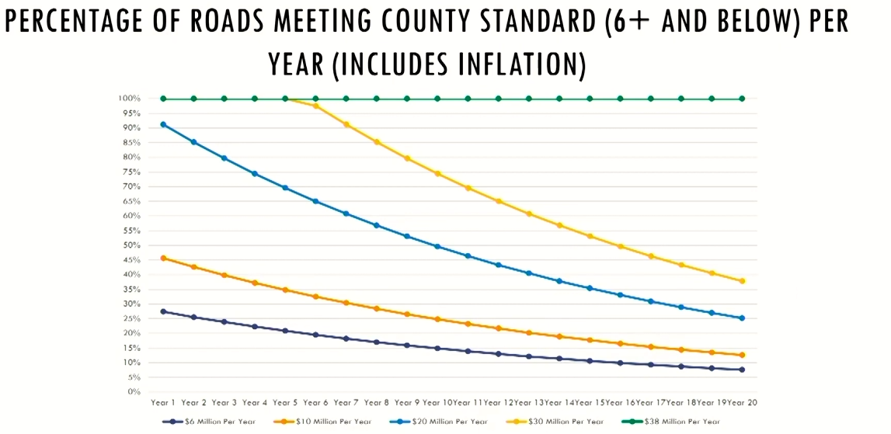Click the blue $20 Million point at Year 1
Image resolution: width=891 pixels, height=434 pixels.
[x=163, y=124]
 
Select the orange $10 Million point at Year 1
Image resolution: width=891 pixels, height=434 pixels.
[x=163, y=258]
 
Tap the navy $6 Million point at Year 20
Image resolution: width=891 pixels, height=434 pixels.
[x=742, y=370]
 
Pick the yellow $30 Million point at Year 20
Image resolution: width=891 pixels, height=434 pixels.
[x=742, y=281]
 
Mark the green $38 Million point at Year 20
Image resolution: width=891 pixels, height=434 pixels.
[x=742, y=99]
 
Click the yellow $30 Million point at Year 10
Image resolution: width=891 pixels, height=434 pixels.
[x=437, y=173]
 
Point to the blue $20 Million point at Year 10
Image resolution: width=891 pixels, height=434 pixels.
[x=437, y=246]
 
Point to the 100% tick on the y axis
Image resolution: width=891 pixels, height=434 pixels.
[x=130, y=99]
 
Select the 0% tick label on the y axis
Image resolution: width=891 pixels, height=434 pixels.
[x=134, y=392]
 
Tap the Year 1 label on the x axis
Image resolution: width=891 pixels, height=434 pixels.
[x=163, y=403]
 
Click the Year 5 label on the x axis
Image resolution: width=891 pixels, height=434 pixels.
[x=285, y=403]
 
